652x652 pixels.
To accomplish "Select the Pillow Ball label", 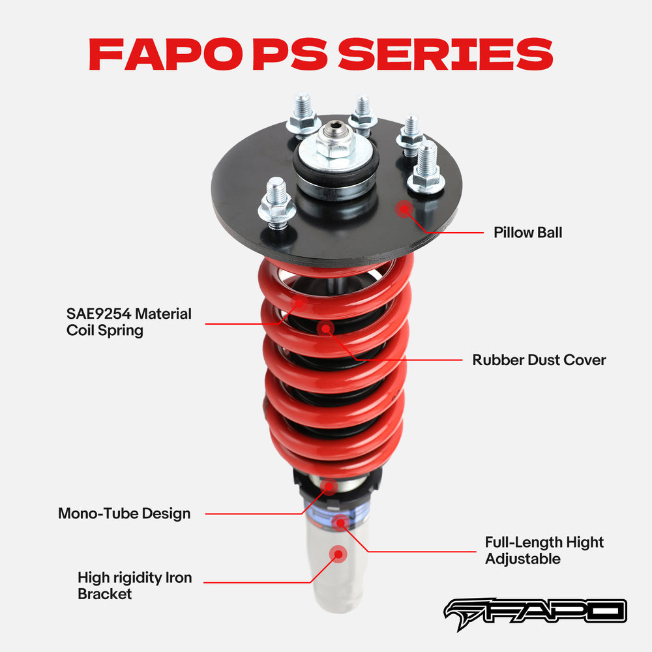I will (527, 232).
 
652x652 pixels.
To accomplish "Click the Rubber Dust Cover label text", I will (539, 360).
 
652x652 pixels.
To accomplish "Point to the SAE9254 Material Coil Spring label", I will (129, 321).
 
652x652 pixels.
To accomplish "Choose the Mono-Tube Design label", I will (125, 513).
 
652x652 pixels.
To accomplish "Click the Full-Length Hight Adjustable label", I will (544, 550).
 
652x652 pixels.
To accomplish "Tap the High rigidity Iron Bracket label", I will (134, 585).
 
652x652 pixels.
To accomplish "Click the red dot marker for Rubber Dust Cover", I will (325, 328).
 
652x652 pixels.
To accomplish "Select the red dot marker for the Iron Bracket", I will (338, 554).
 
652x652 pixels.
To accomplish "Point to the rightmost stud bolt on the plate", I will (426, 168).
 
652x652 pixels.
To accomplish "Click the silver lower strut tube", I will (334, 574).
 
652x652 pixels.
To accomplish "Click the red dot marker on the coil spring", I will (299, 303).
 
